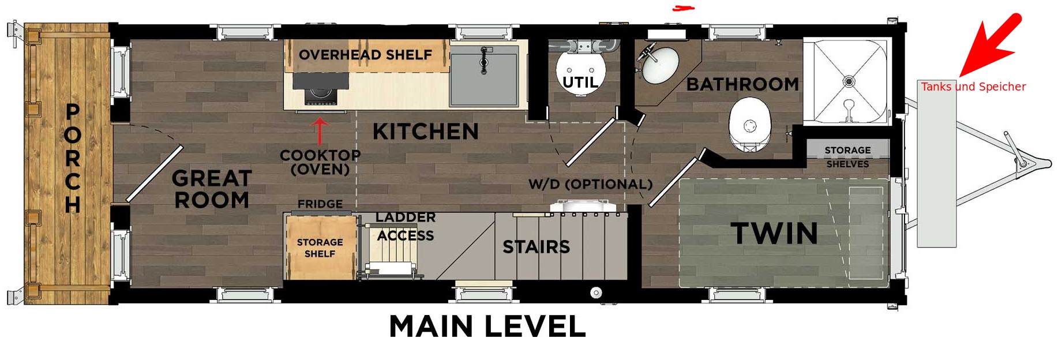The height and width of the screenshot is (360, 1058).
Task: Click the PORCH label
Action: (73, 158)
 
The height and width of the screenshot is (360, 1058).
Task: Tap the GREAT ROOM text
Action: (212, 189)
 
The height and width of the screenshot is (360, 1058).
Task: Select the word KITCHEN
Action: (426, 132)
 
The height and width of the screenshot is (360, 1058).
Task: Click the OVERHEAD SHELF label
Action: (365, 55)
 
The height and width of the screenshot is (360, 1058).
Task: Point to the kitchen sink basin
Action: (484, 76)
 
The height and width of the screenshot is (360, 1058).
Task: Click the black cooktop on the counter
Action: (321, 90)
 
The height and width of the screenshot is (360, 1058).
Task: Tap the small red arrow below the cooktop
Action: (320, 131)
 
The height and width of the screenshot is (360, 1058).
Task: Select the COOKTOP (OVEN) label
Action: (320, 162)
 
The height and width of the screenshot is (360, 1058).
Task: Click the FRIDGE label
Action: (320, 204)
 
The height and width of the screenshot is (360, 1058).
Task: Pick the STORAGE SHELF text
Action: (320, 247)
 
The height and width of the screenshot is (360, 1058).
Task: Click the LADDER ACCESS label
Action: (406, 226)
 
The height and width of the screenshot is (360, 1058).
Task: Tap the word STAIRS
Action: (536, 247)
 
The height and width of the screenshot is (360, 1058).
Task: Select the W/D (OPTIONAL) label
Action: (591, 184)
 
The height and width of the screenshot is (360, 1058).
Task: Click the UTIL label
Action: (580, 82)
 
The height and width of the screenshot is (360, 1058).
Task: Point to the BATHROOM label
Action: (742, 84)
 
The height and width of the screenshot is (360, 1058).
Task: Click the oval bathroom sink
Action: (661, 65)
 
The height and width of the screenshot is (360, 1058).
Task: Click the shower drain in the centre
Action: (849, 81)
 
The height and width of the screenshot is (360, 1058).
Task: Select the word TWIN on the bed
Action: (775, 233)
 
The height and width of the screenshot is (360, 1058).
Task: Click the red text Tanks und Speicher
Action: (973, 87)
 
